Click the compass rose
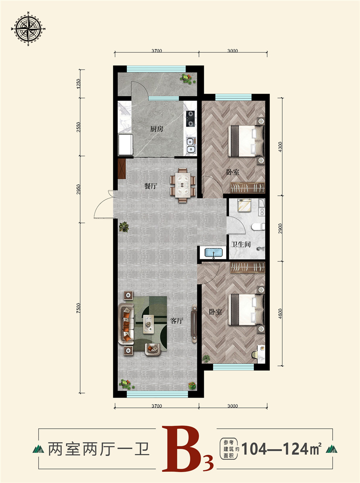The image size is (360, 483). (x=28, y=29)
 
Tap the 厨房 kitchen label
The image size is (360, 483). (x=157, y=129)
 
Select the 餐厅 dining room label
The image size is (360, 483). (x=151, y=186)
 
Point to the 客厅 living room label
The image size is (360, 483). (x=176, y=320)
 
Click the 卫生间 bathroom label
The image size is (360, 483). (x=240, y=244)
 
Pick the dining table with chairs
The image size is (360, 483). (x=182, y=185)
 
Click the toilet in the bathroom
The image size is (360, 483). (x=258, y=227)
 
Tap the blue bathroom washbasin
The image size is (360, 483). (x=213, y=253)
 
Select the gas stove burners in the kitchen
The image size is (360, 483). (x=190, y=119)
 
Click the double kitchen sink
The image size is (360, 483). (x=191, y=145)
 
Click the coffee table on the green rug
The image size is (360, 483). (x=149, y=324)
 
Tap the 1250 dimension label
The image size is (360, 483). (x=79, y=83)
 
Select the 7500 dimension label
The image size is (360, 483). (x=79, y=308)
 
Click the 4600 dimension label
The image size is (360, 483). (x=280, y=314)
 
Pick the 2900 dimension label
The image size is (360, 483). (x=280, y=229)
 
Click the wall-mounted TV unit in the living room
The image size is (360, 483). (x=194, y=323)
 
